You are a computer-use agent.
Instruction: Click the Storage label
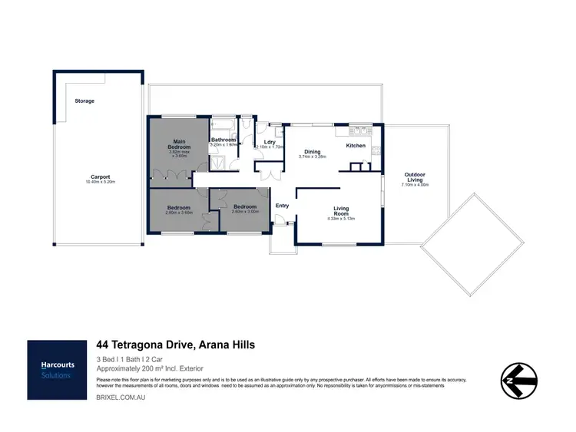click(x=84, y=101)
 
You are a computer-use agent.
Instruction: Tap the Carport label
click(x=100, y=176)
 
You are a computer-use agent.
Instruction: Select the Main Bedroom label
click(x=179, y=143)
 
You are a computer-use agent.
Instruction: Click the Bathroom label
click(x=223, y=140)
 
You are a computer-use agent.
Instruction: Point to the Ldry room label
click(x=270, y=142)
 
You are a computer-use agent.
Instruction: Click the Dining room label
click(x=313, y=151)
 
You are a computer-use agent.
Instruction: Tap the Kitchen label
click(x=356, y=145)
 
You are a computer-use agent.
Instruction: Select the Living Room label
click(x=342, y=210)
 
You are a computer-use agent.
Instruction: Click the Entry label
click(x=282, y=205)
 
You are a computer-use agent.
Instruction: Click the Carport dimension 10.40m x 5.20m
click(x=100, y=183)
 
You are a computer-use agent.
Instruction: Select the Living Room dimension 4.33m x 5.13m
click(x=342, y=219)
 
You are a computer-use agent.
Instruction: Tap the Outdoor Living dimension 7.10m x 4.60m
click(x=415, y=185)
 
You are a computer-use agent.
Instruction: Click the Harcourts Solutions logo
click(x=58, y=369)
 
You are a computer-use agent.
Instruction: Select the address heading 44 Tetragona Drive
click(x=175, y=345)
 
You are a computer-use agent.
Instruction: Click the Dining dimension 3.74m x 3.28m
click(x=313, y=157)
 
